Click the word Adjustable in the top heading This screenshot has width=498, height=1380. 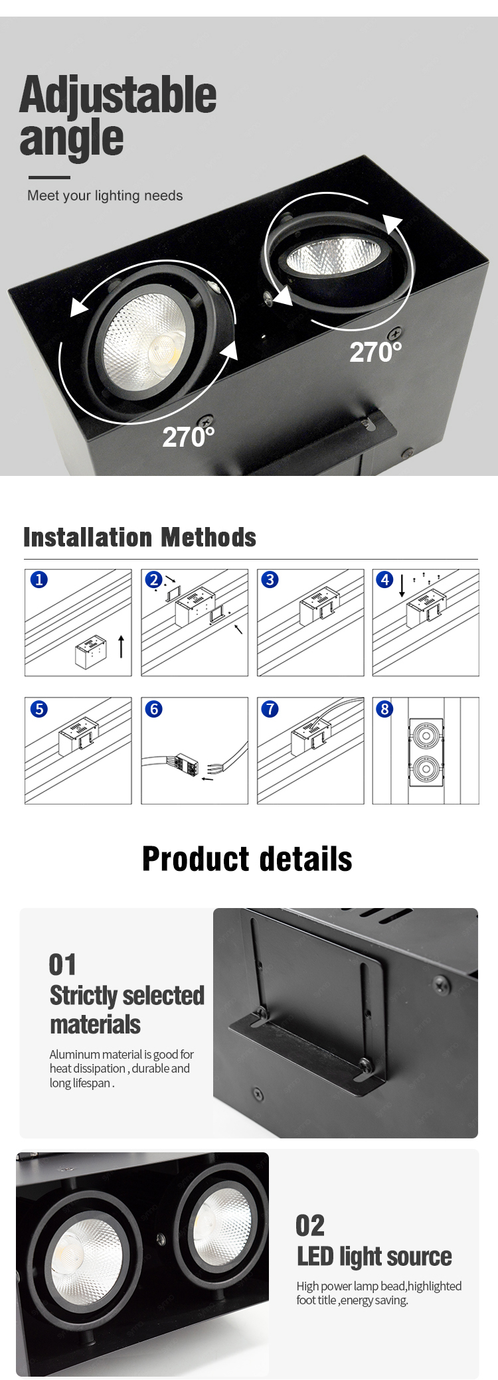[x=118, y=95]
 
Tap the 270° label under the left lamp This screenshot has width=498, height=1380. [x=189, y=437]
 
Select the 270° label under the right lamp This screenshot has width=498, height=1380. [x=375, y=352]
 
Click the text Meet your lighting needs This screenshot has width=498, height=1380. [x=105, y=196]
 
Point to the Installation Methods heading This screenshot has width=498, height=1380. [x=139, y=537]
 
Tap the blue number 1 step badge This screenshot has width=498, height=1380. [x=39, y=579]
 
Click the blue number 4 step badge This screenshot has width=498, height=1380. [x=385, y=579]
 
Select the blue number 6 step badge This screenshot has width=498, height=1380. [x=154, y=709]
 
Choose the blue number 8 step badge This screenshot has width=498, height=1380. [x=384, y=709]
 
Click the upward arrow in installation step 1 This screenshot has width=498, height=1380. [x=121, y=646]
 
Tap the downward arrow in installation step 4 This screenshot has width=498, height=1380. [x=402, y=585]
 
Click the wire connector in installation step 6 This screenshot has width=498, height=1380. [x=187, y=765]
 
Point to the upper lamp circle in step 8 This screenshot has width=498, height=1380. [x=426, y=735]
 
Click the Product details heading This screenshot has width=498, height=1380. [x=247, y=859]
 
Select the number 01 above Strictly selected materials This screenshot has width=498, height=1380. [x=62, y=964]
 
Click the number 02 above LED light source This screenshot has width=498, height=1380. [x=310, y=1225]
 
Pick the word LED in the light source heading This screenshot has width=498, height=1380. [x=315, y=1257]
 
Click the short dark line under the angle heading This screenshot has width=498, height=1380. [x=49, y=177]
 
